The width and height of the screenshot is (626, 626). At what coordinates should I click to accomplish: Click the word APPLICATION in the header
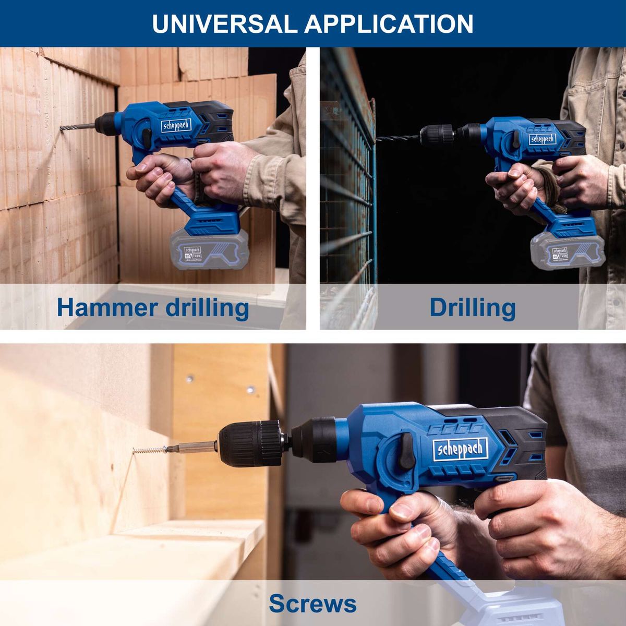[x=389, y=24]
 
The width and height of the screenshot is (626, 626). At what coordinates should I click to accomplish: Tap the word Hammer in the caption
[x=106, y=307]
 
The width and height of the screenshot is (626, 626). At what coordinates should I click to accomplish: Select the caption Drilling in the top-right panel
[x=473, y=307]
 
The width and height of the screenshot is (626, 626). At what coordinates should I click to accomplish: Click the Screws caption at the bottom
[x=312, y=604]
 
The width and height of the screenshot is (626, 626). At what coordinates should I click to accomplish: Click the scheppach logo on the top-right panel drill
[x=543, y=139]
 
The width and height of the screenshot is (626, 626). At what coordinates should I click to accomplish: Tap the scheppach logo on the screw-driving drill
[x=461, y=448]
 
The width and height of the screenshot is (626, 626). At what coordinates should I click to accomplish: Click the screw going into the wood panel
[x=147, y=450]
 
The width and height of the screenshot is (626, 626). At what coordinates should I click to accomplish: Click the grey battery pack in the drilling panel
[x=567, y=251]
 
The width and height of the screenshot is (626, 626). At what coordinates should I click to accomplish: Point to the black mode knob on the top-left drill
[x=148, y=137]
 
